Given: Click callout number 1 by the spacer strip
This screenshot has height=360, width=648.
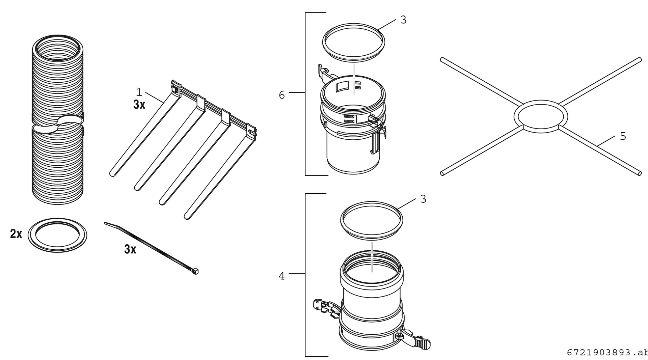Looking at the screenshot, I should point(138,92).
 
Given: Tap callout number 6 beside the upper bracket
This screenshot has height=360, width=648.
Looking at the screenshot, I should point(282,95).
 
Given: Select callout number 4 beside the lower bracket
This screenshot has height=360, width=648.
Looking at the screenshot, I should point(282,276).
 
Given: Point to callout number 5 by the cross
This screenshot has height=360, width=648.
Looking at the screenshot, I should point(623,136).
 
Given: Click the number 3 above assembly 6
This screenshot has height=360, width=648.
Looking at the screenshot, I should point(403,20).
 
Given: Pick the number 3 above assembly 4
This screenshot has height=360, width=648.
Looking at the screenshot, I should point(423,199).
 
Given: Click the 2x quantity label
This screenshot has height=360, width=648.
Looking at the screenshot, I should point(16,234).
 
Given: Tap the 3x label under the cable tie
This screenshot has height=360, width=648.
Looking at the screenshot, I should point(130,249).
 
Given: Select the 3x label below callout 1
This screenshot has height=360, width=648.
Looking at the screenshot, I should point(139,105).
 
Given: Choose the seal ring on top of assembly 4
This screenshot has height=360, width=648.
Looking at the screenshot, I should point(371,221).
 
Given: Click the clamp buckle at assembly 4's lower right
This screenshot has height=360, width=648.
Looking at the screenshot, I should point(422,343).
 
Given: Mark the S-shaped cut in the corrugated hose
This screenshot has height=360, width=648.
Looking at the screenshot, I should point(58,124).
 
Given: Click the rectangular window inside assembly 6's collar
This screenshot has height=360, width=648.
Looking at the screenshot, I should point(342,86).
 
